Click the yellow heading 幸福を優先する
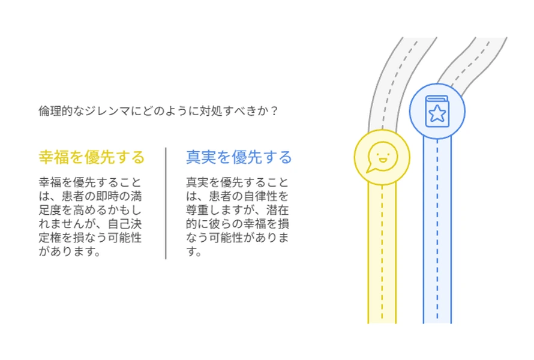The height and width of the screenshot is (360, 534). [x=92, y=157]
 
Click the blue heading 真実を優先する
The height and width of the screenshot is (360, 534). [x=239, y=157]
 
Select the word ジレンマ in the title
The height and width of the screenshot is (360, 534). [x=107, y=111]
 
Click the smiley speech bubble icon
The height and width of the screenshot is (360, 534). [x=382, y=157]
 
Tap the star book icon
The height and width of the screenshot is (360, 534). [x=437, y=112]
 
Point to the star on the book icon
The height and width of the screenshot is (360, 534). [x=437, y=114]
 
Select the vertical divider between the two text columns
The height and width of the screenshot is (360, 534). [x=166, y=203]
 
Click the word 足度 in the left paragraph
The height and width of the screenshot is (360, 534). [x=50, y=210]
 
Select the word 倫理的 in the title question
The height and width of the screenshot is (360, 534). [x=56, y=111]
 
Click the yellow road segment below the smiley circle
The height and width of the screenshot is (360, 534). [x=382, y=254]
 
